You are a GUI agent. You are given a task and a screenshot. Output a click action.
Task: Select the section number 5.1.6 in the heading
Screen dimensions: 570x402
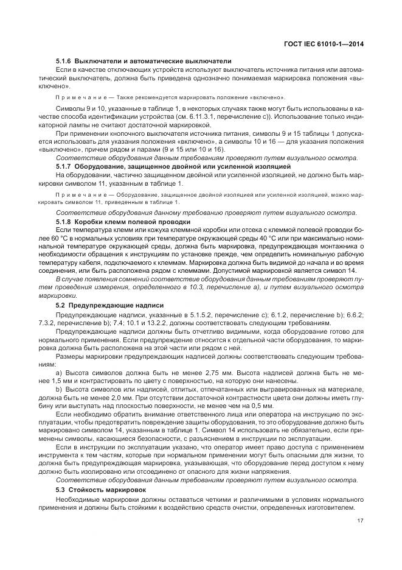pyautogui.click(x=64, y=61)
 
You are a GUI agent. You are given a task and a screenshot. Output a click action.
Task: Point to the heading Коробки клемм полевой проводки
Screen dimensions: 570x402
pyautogui.click(x=133, y=222)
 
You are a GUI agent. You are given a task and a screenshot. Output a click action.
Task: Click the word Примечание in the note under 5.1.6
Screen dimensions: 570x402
pyautogui.click(x=75, y=97)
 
